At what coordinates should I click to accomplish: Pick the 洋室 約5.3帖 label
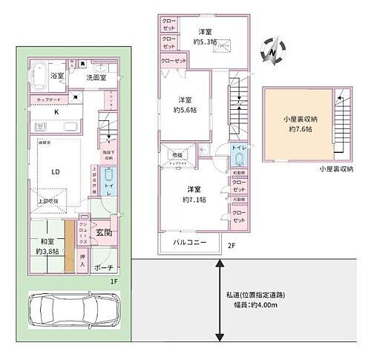pos(206,36)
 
